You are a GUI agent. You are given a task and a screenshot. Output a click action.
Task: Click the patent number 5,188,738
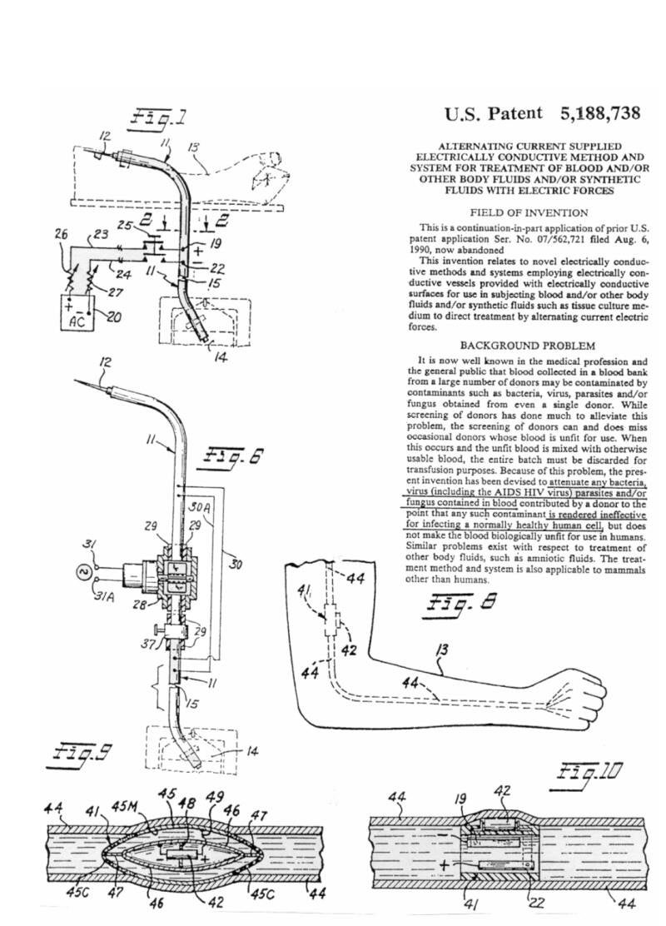click(x=600, y=112)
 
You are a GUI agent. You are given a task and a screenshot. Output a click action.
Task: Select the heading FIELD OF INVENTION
click(x=529, y=213)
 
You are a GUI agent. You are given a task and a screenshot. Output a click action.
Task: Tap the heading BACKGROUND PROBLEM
click(x=527, y=346)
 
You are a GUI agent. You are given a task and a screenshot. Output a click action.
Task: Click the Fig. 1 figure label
click(x=157, y=117)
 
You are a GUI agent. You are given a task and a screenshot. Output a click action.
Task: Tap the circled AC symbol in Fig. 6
click(x=83, y=571)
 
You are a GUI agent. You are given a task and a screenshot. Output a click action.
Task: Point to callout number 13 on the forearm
click(x=441, y=650)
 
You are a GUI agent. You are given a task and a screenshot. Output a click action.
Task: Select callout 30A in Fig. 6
click(x=200, y=506)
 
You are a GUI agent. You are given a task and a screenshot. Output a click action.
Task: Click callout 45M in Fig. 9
click(x=125, y=806)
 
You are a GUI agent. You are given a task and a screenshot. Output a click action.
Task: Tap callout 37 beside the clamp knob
click(x=147, y=644)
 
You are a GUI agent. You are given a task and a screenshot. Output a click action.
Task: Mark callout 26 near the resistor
click(x=62, y=234)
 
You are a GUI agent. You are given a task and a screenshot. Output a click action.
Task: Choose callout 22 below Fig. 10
click(x=536, y=903)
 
